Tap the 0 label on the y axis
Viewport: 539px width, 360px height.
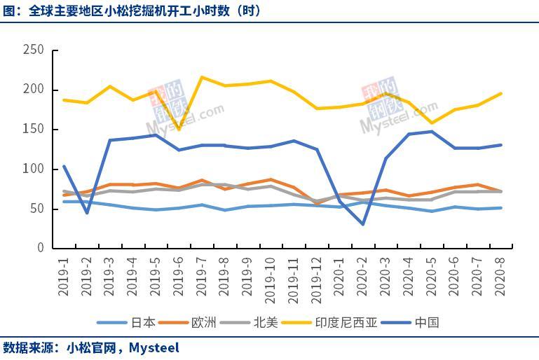click(x=40, y=248)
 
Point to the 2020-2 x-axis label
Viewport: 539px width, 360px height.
click(x=362, y=275)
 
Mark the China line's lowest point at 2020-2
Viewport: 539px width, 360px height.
click(x=363, y=224)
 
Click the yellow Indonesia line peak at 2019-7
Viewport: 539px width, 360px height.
click(x=202, y=77)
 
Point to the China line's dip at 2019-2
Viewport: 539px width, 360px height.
click(x=87, y=213)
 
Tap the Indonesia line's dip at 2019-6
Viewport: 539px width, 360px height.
click(x=179, y=129)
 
